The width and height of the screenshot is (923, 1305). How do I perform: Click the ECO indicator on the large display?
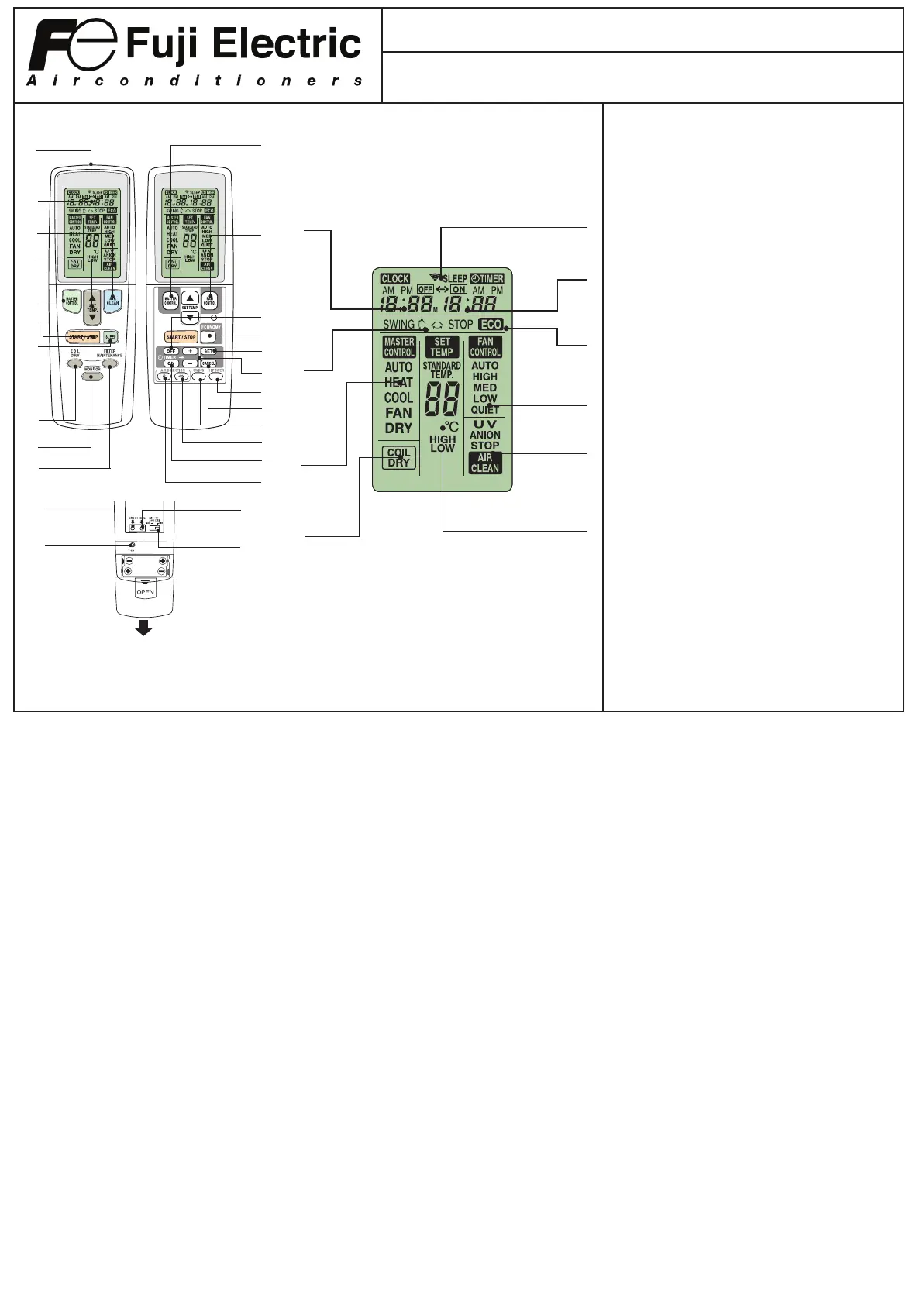(x=491, y=325)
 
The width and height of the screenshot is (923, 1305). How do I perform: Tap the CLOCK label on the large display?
(x=395, y=279)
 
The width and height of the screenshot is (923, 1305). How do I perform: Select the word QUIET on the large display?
(x=485, y=410)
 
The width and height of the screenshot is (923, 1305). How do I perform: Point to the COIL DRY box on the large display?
(x=398, y=458)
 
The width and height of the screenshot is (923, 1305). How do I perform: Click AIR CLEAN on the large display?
(x=485, y=463)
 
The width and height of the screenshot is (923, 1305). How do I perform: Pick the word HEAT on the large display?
(x=398, y=383)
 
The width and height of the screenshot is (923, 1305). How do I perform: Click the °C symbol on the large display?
(x=451, y=427)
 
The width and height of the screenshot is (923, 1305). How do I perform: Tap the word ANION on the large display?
(x=485, y=435)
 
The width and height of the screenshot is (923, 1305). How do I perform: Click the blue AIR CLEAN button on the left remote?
(x=112, y=301)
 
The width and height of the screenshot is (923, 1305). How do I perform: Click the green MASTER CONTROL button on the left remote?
(x=72, y=301)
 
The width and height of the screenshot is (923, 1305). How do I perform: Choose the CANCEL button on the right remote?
(x=208, y=363)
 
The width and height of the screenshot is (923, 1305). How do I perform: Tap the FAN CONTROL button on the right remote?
(x=209, y=301)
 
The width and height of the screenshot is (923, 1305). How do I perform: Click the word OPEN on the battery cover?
(x=145, y=592)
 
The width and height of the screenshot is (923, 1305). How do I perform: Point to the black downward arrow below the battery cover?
(x=143, y=628)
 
